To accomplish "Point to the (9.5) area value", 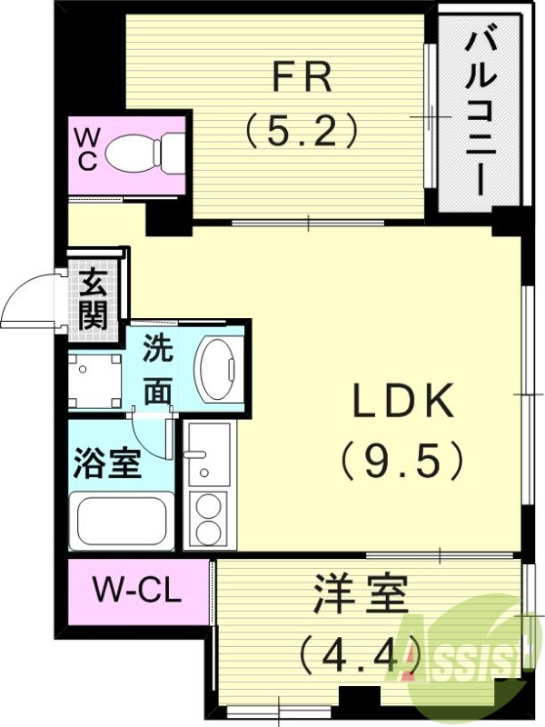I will click(402, 461).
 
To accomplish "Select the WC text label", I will click(86, 148).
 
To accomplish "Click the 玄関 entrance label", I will click(93, 300).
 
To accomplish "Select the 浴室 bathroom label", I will click(106, 463).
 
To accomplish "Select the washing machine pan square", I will click(96, 380).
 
